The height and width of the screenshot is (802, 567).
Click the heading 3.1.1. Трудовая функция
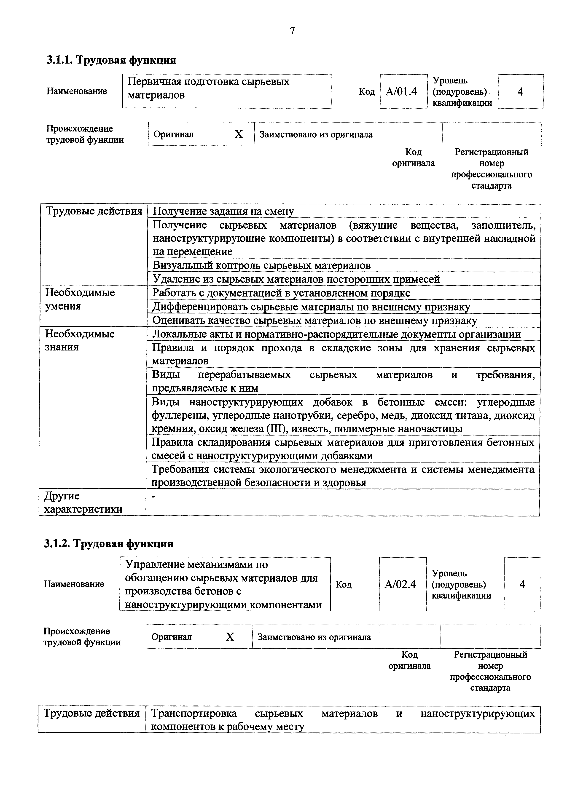111,60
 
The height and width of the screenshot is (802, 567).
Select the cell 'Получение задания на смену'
224,211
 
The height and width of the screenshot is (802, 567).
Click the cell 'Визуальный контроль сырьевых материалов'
262,265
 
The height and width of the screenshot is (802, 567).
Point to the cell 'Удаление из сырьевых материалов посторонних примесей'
296,279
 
